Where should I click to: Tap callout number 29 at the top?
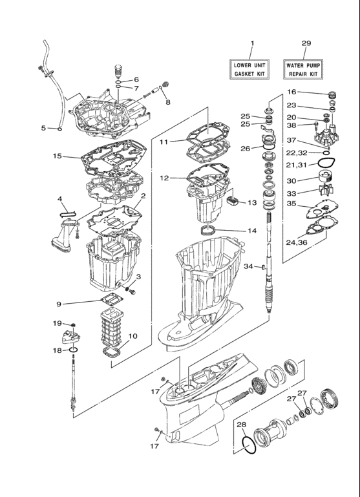pyautogui.click(x=306, y=43)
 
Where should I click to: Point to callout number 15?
pyautogui.click(x=58, y=156)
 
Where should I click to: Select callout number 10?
pyautogui.click(x=132, y=335)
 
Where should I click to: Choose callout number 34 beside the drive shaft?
pyautogui.click(x=248, y=266)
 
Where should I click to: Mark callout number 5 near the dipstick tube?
pyautogui.click(x=43, y=128)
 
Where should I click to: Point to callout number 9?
pyautogui.click(x=58, y=303)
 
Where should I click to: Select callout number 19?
pyautogui.click(x=58, y=323)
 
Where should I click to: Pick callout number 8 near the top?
pyautogui.click(x=168, y=101)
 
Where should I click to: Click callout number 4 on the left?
pyautogui.click(x=59, y=198)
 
